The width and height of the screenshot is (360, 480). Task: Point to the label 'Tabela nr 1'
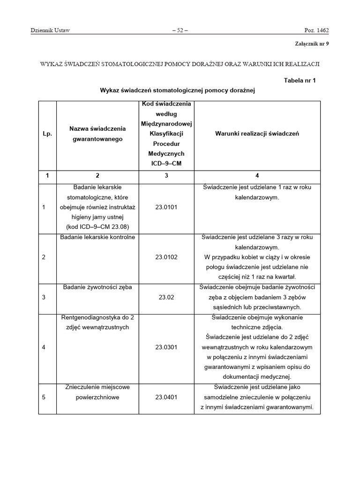click(300, 80)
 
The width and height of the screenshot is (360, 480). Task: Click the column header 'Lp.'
click(47, 134)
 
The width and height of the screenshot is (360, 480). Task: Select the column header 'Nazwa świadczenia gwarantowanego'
click(97, 134)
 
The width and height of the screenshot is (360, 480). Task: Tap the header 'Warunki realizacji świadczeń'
click(257, 134)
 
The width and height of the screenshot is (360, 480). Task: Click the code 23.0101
click(166, 207)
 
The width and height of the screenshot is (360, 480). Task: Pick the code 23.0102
click(166, 257)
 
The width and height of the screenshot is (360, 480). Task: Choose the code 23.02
click(166, 297)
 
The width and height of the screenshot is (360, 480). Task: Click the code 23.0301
click(166, 347)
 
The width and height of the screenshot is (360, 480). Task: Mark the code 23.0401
click(166, 397)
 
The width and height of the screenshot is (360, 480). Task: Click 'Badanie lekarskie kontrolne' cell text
click(97, 237)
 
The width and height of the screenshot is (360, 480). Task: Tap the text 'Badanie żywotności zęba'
click(97, 287)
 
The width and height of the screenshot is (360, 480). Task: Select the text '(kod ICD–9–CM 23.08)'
click(97, 227)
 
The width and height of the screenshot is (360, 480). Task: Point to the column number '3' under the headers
click(166, 176)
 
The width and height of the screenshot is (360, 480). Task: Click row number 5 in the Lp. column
click(44, 397)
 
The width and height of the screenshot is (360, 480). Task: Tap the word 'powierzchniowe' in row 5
click(97, 397)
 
